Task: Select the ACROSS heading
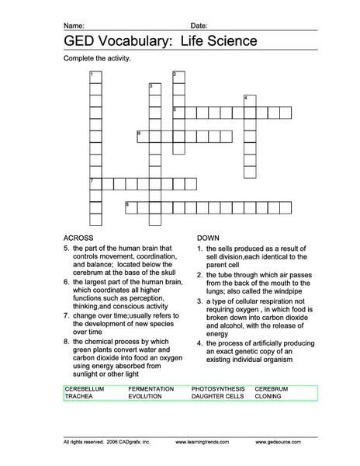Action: point(79,237)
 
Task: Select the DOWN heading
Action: point(209,237)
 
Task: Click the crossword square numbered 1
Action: point(95,76)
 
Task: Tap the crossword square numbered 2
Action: point(178,76)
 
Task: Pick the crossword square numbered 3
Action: point(154,88)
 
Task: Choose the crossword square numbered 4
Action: point(250,100)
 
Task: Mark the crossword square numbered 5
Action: point(178,112)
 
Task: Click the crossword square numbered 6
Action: point(143,136)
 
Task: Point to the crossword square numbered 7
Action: point(95,183)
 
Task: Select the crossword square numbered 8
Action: point(130,207)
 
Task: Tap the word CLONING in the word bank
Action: point(268,396)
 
